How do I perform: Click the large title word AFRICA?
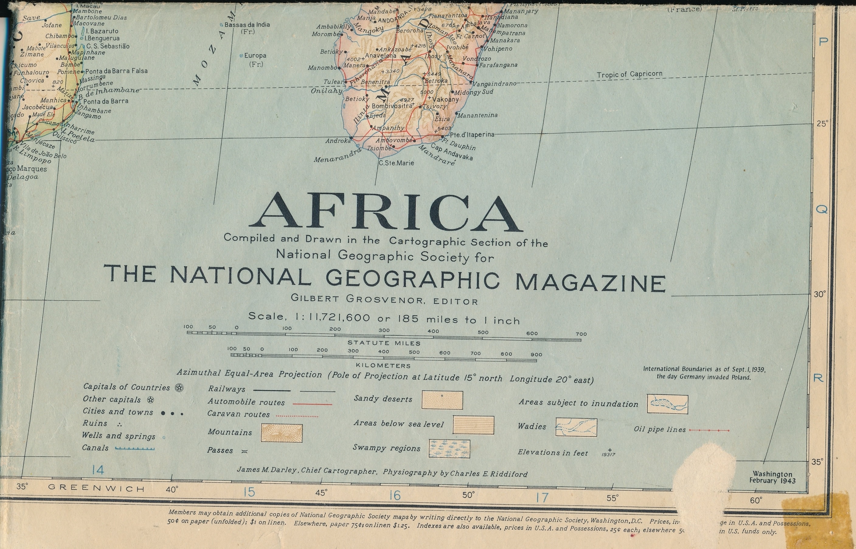pyautogui.click(x=386, y=213)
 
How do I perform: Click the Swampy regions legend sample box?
pyautogui.click(x=449, y=449)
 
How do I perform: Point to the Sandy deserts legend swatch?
pyautogui.click(x=442, y=400)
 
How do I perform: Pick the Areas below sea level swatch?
pyautogui.click(x=473, y=425)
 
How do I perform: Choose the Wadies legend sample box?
pyautogui.click(x=576, y=427)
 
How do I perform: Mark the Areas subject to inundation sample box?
pyautogui.click(x=667, y=404)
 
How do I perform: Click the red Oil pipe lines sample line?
pyautogui.click(x=709, y=430)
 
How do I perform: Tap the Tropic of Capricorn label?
pyautogui.click(x=629, y=75)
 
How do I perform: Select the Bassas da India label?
pyautogui.click(x=247, y=25)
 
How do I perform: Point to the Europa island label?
pyautogui.click(x=255, y=56)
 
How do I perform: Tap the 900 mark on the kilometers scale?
pyautogui.click(x=536, y=354)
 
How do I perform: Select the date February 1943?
pyautogui.click(x=772, y=481)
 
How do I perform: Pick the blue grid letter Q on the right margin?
pyautogui.click(x=821, y=210)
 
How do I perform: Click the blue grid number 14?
pyautogui.click(x=98, y=470)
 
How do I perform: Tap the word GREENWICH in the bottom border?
pyautogui.click(x=96, y=488)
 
